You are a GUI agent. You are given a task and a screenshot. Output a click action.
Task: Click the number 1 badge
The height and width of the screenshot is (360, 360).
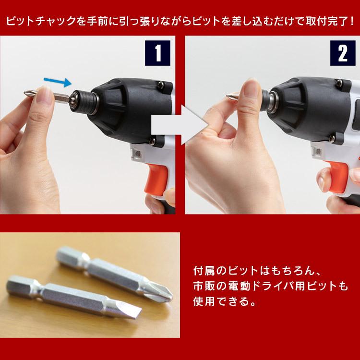click(x=157, y=53)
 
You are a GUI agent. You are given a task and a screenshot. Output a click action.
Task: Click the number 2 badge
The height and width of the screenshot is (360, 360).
click(x=343, y=53)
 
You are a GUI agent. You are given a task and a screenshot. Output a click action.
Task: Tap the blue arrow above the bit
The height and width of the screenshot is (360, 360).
click(x=58, y=82)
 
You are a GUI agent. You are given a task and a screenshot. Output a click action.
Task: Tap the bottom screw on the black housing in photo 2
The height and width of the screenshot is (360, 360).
click(x=332, y=138)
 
